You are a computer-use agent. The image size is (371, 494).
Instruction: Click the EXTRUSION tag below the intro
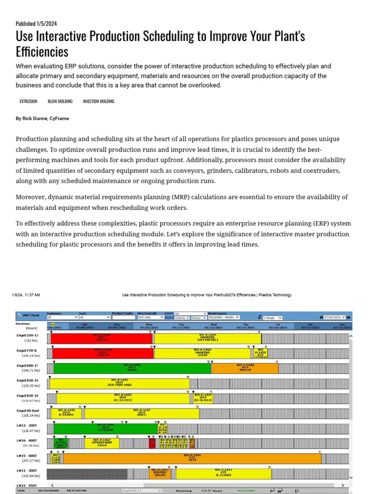pyautogui.click(x=28, y=102)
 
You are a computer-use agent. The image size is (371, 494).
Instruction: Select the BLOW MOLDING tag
pyautogui.click(x=60, y=102)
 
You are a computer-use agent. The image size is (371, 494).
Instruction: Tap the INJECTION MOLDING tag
pyautogui.click(x=99, y=102)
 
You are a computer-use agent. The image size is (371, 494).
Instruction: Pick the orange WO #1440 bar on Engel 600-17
pyautogui.click(x=245, y=369)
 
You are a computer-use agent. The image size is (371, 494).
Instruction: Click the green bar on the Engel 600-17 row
pyautogui.click(x=130, y=369)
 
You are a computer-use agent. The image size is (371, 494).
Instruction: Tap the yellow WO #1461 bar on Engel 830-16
pyautogui.click(x=119, y=384)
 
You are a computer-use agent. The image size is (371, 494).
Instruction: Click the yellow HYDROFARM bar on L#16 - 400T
pyautogui.click(x=102, y=443)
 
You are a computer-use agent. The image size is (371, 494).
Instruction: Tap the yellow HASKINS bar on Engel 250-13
pyautogui.click(x=208, y=338)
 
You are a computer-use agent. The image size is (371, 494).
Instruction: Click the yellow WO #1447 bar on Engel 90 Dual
pyautogui.click(x=141, y=413)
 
